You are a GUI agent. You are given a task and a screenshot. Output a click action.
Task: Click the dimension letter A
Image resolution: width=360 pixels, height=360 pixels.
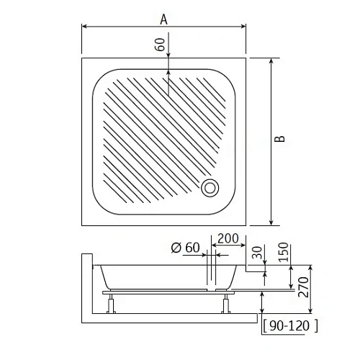164,19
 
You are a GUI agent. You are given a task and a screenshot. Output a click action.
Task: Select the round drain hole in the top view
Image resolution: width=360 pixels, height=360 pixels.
211,187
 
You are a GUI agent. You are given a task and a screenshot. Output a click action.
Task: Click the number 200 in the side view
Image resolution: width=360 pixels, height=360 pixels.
228,238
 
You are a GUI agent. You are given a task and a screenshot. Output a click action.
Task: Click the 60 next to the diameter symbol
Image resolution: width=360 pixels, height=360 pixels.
192,248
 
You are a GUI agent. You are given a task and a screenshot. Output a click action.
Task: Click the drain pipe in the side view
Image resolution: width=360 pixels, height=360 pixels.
211,272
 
